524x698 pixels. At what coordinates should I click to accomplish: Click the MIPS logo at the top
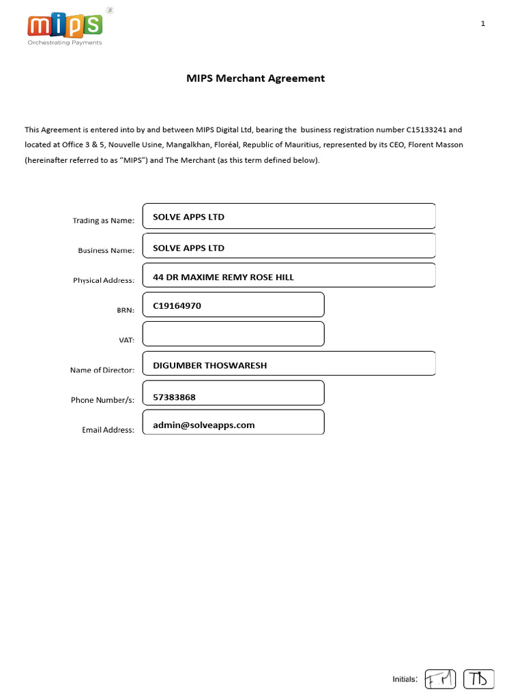[65, 26]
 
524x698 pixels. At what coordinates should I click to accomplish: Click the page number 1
[483, 24]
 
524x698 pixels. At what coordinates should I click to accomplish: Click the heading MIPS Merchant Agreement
[256, 78]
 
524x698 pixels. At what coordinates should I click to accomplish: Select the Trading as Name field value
[188, 217]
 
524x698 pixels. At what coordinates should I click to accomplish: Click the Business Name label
[106, 251]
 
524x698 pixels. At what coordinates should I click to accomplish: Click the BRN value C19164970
[177, 306]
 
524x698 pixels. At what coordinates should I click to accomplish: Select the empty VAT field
[233, 334]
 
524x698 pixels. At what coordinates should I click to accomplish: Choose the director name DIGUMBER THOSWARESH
[210, 365]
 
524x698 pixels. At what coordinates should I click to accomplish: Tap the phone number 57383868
[179, 395]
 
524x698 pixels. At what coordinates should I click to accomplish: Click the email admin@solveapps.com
[204, 425]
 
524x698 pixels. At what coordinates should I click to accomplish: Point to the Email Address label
[108, 429]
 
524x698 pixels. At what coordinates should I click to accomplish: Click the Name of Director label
[102, 370]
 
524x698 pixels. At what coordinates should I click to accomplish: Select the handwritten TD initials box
[478, 679]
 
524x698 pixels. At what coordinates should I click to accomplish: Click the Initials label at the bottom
[405, 679]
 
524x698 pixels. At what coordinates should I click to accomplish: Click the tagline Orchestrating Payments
[64, 42]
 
